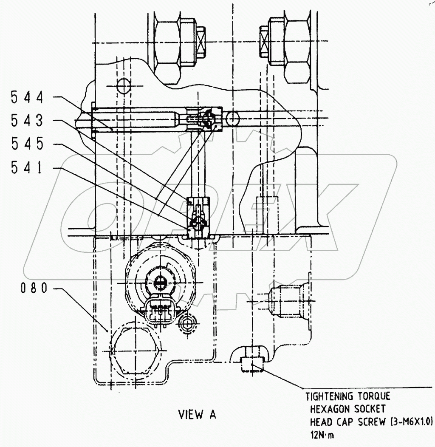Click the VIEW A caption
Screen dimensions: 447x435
pos(197,415)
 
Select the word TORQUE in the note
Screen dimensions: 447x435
pos(372,396)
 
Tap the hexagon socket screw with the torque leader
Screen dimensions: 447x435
pos(251,365)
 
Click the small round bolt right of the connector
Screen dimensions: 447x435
pos(187,324)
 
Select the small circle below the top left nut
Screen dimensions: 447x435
pos(123,86)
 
